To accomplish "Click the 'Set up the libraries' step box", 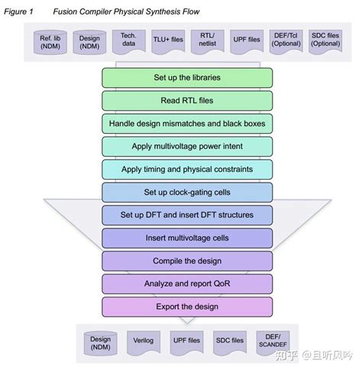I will [187, 77].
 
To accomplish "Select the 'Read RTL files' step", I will [187, 100].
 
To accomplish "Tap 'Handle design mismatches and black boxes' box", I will [187, 123].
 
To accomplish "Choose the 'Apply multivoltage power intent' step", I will [187, 146].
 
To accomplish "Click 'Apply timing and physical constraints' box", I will [187, 169].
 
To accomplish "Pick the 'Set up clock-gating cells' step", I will [187, 192].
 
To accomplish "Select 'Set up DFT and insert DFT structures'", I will [187, 215].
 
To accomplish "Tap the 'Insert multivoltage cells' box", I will [187, 238].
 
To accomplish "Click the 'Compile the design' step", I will [187, 261].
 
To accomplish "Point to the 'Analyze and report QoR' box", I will [187, 284].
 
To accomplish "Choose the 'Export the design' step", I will [187, 307].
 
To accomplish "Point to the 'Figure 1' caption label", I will [20, 11].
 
